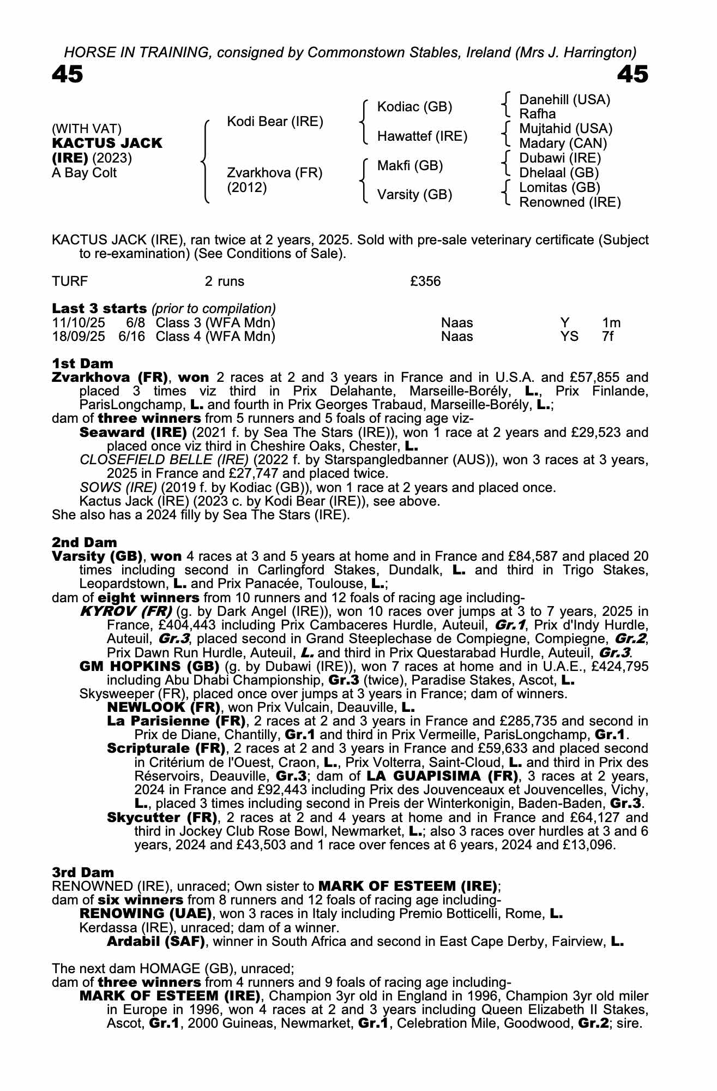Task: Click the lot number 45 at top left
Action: click(x=67, y=74)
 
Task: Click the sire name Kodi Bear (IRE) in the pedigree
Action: click(x=275, y=121)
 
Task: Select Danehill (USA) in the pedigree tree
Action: click(x=564, y=99)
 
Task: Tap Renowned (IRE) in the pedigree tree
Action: click(x=570, y=202)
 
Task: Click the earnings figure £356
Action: click(x=425, y=281)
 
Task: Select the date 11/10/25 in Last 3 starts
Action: click(x=79, y=322)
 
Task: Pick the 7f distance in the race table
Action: click(x=608, y=337)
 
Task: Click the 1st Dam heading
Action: click(x=83, y=363)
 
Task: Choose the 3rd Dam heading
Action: click(x=83, y=872)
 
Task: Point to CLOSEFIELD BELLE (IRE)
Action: click(x=164, y=460)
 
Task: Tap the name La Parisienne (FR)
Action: click(x=174, y=721)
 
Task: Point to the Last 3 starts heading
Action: click(x=99, y=308)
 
